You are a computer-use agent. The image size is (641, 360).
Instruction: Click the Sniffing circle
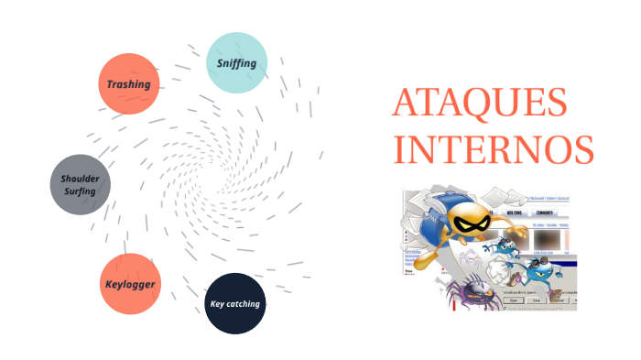point(236,63)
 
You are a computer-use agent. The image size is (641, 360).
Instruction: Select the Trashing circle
point(129,83)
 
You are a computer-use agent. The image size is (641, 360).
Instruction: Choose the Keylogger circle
point(129,284)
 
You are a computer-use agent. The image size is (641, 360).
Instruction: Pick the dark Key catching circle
point(235,303)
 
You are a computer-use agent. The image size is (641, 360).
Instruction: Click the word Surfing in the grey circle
point(81,191)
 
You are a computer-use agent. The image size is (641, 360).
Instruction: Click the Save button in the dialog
point(536,300)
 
